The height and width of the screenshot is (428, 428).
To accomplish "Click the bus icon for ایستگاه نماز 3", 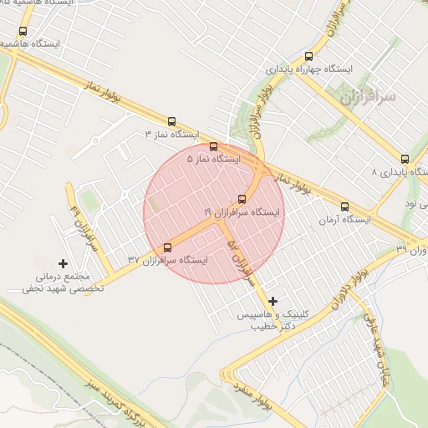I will pos(172,121).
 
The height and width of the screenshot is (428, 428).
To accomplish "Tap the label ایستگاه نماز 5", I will pos(213,158).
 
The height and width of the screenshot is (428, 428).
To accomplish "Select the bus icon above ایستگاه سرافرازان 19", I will pos(242,199).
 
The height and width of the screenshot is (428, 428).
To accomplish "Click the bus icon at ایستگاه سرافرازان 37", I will pos(168,247).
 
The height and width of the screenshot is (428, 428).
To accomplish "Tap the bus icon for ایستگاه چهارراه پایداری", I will pos(308,56).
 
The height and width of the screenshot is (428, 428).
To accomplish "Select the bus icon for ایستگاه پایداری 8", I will pos(405,159).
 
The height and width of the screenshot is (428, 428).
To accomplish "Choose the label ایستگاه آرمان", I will pos(344,220).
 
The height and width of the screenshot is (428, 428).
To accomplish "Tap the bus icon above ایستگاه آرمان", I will pos(344,206).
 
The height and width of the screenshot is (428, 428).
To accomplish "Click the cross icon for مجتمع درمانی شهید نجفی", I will pos(63,263).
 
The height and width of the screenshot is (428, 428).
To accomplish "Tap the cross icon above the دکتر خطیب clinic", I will pos(273,300).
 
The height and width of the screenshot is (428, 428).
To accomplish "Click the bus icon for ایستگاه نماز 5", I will pos(213,145).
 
